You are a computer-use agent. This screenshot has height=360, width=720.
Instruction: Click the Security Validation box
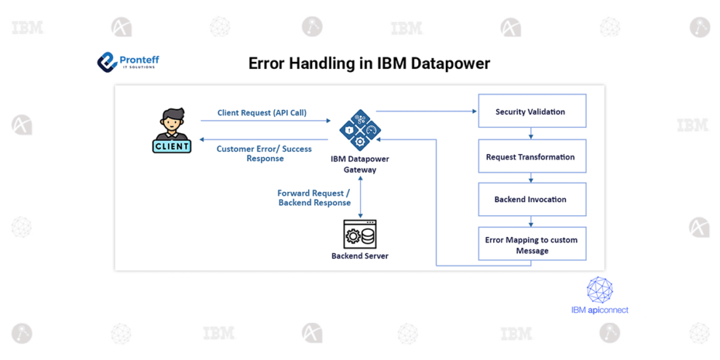click(532, 111)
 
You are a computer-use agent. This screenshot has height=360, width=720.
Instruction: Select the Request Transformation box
click(532, 156)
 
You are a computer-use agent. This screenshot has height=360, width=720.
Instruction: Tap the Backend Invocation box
click(532, 199)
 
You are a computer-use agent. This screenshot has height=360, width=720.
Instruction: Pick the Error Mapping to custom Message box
click(532, 244)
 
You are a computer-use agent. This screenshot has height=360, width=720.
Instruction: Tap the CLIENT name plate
click(172, 146)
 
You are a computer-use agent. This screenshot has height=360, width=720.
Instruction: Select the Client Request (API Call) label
click(262, 113)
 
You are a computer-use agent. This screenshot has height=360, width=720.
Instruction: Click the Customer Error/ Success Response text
click(264, 153)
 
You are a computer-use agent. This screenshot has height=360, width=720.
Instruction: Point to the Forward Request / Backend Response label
click(313, 198)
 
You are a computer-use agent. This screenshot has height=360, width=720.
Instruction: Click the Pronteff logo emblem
click(107, 62)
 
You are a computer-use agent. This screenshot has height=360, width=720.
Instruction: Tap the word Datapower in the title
click(451, 63)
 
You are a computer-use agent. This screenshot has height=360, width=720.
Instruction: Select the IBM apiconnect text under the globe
click(599, 310)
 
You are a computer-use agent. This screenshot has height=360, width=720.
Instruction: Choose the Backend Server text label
click(360, 256)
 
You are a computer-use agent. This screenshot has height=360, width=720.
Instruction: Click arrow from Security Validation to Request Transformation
click(532, 133)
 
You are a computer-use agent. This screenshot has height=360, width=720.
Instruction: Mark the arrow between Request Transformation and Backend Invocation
click(532, 177)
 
